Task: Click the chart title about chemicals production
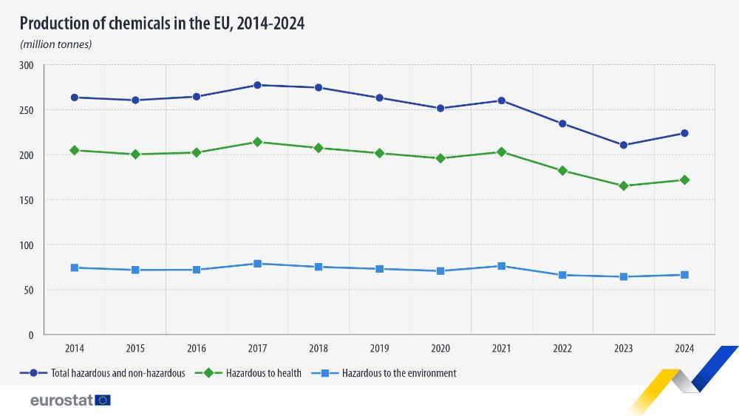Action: [x=162, y=24]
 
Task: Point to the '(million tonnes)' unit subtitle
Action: [x=56, y=44]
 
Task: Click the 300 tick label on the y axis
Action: [x=27, y=65]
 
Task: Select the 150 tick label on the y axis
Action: [x=27, y=200]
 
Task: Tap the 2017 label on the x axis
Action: [x=257, y=347]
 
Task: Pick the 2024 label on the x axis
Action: [x=684, y=347]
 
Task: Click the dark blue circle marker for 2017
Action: [x=257, y=85]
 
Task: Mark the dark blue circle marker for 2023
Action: [x=624, y=145]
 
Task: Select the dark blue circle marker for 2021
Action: [x=502, y=100]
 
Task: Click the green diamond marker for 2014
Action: [x=75, y=150]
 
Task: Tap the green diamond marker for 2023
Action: [x=624, y=185]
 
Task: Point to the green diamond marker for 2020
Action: [x=440, y=158]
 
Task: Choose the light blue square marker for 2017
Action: [x=257, y=264]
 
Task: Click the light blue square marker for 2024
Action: [x=684, y=275]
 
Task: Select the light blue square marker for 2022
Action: [x=562, y=275]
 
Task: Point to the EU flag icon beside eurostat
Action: [x=103, y=400]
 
